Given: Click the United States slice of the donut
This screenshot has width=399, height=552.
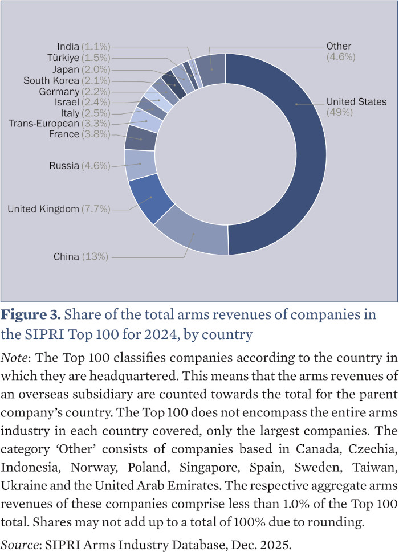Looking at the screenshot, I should (296, 154).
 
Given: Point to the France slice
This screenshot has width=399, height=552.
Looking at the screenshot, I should (140, 137).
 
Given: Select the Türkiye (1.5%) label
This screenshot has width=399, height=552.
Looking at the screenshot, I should (79, 58).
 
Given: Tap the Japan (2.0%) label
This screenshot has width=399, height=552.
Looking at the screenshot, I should (81, 69).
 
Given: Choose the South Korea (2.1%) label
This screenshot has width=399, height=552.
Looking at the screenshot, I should (67, 81).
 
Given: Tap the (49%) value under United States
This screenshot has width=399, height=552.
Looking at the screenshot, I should (340, 112).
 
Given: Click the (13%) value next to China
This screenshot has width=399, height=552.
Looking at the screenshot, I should (95, 257).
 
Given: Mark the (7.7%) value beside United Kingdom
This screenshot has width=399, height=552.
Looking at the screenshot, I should (96, 210).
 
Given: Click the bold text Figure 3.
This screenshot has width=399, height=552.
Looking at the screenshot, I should (31, 315).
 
